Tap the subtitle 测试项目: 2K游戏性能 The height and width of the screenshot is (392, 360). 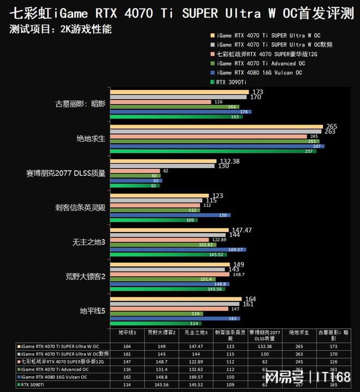[61, 29]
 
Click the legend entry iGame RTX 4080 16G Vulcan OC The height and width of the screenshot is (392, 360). [260, 73]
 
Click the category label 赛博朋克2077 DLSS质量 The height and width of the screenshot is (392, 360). [65, 173]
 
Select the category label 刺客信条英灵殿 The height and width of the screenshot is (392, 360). [80, 207]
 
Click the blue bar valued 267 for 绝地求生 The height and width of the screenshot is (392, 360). [217, 146]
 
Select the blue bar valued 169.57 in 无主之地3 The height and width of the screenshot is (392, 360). [178, 250]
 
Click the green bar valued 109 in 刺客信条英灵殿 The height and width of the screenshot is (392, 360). [147, 220]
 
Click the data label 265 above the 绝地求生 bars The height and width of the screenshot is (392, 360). [331, 127]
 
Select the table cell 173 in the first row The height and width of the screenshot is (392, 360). [330, 346]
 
